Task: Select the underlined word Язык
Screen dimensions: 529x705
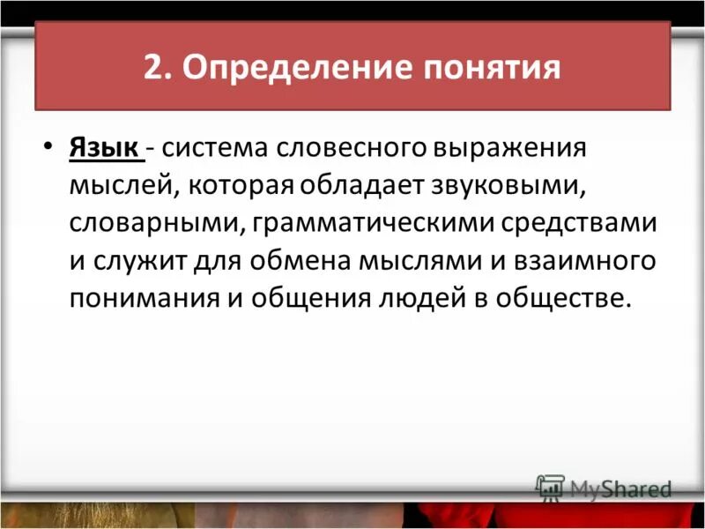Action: point(105,148)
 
